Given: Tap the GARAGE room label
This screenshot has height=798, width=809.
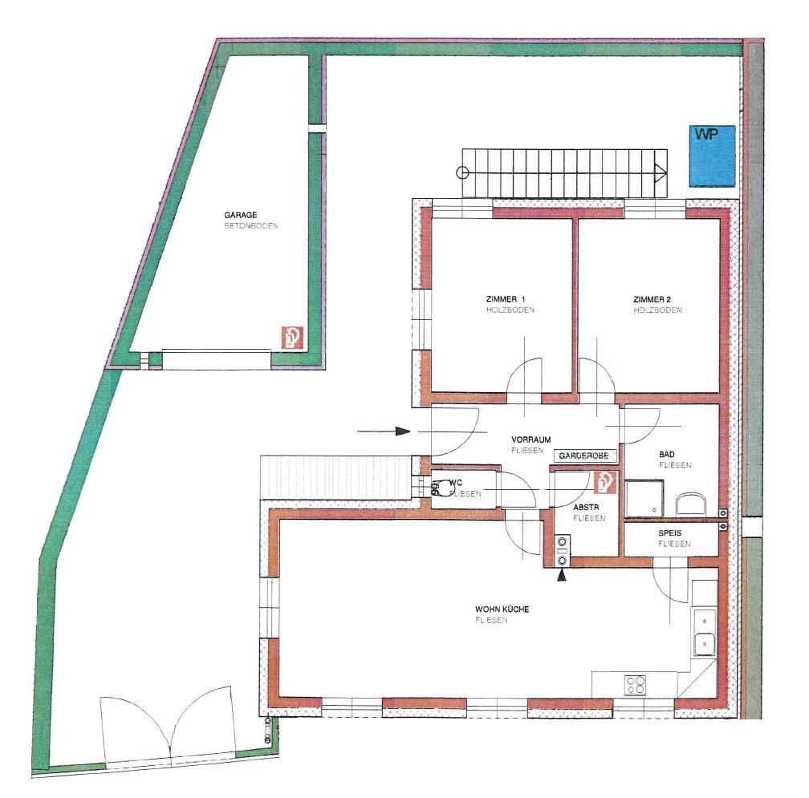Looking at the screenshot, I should click(x=240, y=215).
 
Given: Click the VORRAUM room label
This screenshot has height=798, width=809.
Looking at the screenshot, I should click(x=531, y=440).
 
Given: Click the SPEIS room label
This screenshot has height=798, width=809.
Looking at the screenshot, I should click(x=670, y=533).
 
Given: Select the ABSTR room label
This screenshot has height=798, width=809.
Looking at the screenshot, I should click(x=584, y=508).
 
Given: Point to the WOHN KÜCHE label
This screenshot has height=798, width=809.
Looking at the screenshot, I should click(x=502, y=610).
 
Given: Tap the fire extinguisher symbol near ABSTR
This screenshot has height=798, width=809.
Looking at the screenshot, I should click(x=604, y=482).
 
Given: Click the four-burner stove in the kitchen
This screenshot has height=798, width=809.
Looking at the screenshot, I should click(x=636, y=684).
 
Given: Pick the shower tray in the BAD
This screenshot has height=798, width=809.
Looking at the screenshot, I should click(x=646, y=497).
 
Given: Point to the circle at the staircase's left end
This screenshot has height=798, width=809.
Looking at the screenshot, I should click(x=461, y=171).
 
